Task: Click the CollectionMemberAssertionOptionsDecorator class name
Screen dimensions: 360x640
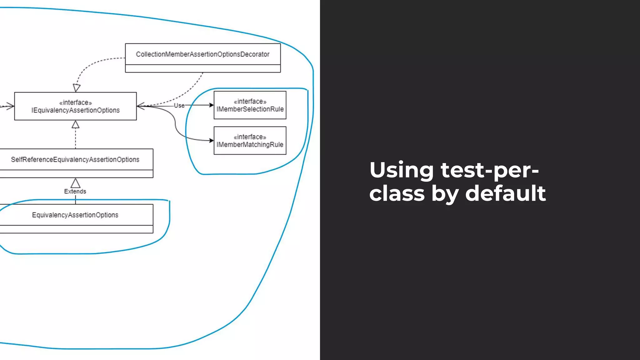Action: click(202, 54)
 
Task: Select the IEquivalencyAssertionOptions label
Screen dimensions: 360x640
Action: click(75, 110)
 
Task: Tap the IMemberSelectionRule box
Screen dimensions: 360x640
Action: click(250, 105)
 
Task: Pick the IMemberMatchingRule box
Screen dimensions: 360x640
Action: click(250, 141)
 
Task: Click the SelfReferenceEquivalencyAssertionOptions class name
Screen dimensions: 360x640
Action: click(75, 160)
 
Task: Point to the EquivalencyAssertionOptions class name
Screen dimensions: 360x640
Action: click(75, 215)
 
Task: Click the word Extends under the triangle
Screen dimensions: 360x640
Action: click(75, 192)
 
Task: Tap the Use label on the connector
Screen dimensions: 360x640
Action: click(179, 106)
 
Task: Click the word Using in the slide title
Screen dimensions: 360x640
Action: click(401, 170)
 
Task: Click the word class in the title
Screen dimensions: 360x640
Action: click(397, 193)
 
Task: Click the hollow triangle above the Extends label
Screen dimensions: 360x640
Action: click(75, 183)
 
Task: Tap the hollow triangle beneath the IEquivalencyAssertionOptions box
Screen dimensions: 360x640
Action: click(75, 125)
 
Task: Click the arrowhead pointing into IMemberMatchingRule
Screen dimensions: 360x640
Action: click(211, 141)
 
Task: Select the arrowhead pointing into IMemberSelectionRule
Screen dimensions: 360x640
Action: click(211, 105)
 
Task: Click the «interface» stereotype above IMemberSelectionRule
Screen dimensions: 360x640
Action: click(250, 102)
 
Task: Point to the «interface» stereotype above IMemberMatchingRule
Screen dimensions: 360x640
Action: click(250, 137)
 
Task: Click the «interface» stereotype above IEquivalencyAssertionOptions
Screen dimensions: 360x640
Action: click(75, 102)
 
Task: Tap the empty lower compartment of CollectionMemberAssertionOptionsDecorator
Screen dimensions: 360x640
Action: click(202, 69)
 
